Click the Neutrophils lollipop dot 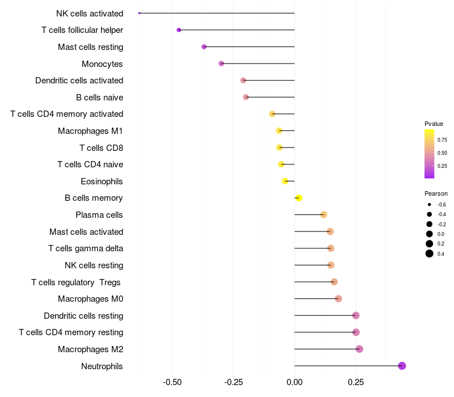coord(402,366)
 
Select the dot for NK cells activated coord(139,13)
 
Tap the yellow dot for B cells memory coord(299,198)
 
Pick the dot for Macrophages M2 coord(359,349)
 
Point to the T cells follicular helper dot coord(179,29)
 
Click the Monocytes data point coord(221,64)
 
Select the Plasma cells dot coord(323,214)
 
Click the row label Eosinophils coord(102,181)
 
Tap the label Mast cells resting coord(90,47)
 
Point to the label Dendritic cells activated coord(79,81)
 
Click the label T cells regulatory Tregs coord(77,282)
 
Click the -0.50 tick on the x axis coord(172,383)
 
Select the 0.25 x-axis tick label coord(356,383)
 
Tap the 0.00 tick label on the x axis coord(295,383)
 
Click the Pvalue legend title coord(434,124)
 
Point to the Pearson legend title coord(436,193)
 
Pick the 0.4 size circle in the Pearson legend coord(430,254)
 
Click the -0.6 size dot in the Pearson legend coord(430,204)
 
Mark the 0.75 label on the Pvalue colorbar coord(442,140)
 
